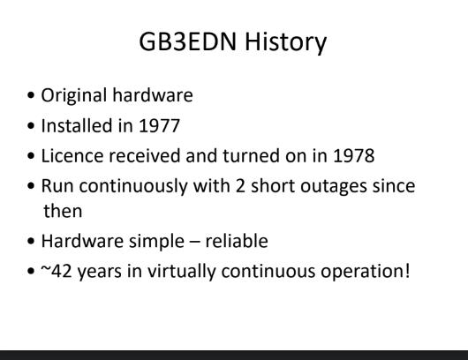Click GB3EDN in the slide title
click(188, 41)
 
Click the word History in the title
click(285, 42)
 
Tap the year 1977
click(159, 125)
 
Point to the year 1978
click(354, 155)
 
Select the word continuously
click(133, 187)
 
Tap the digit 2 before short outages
click(240, 186)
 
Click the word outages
click(334, 187)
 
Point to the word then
click(63, 211)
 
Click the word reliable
click(237, 241)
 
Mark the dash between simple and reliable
click(194, 243)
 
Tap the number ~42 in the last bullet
click(57, 271)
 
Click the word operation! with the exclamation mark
click(366, 273)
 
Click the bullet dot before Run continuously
click(31, 186)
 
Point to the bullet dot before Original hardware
click(31, 95)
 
